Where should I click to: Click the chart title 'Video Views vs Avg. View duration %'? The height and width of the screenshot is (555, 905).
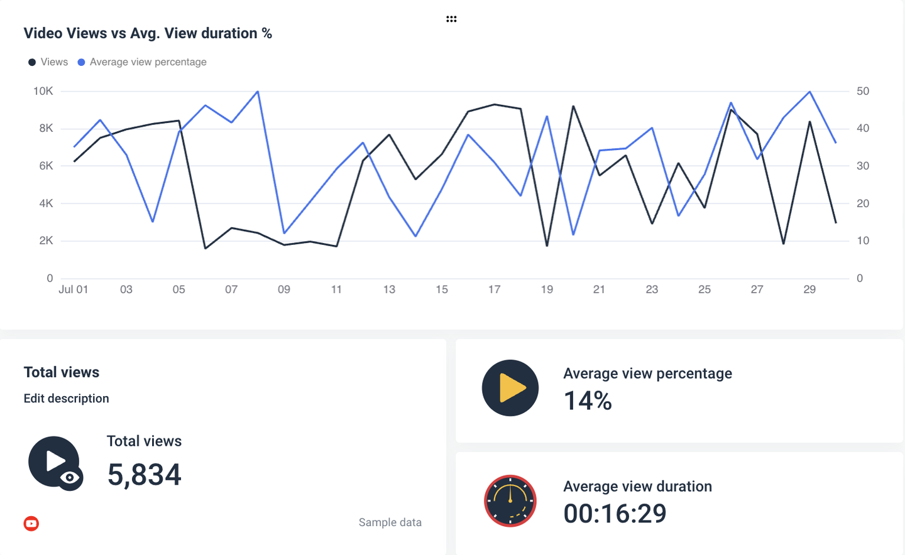pos(148,33)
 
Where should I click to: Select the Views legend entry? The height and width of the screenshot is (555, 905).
pos(48,62)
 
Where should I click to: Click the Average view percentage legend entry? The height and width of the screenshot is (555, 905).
pos(142,62)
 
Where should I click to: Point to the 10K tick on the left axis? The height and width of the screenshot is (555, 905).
pos(43,91)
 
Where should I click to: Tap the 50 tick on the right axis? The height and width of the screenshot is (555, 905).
pos(863,91)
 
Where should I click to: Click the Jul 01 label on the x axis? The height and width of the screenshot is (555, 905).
pos(74,289)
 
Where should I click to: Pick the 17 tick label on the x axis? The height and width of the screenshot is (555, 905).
pos(494,289)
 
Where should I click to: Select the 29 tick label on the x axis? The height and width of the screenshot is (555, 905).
pos(809,289)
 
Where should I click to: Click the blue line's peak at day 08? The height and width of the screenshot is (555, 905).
pos(258,92)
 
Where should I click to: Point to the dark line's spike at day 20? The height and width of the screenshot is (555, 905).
pos(573,107)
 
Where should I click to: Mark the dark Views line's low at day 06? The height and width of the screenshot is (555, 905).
pos(206,248)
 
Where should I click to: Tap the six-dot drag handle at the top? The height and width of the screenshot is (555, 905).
pos(451,19)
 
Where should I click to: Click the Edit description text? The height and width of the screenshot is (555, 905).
pos(66,399)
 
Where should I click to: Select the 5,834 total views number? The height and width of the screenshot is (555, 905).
pos(144,475)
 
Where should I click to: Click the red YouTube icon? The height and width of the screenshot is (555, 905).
pos(31,524)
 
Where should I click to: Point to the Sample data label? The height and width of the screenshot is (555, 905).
pos(390,522)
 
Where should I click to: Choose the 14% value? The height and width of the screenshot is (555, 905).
pos(588,401)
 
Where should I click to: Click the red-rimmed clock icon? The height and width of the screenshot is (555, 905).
pos(510,501)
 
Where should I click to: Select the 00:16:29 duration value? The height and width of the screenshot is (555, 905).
pos(615,514)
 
